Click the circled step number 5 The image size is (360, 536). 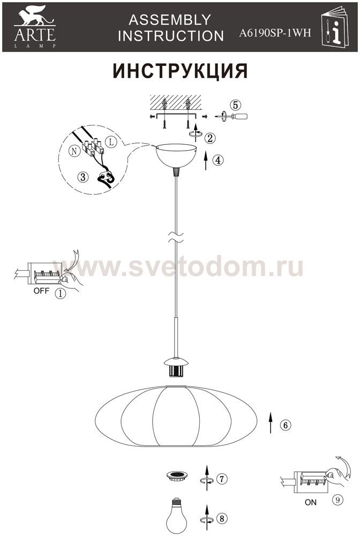click(x=235, y=105)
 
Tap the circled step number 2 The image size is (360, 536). click(x=210, y=138)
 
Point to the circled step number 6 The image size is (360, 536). click(x=286, y=425)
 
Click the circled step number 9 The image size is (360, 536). click(x=337, y=500)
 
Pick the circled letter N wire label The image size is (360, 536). click(x=74, y=151)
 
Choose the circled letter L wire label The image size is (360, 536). click(x=111, y=142)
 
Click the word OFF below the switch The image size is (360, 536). click(x=41, y=291)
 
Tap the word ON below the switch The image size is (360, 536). click(x=311, y=503)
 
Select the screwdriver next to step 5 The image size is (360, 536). click(x=231, y=116)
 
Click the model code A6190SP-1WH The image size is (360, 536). click(x=275, y=33)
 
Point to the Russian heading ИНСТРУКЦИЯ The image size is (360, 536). click(x=180, y=71)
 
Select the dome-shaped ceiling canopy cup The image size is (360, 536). click(x=176, y=156)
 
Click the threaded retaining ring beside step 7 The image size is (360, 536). click(x=177, y=475)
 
